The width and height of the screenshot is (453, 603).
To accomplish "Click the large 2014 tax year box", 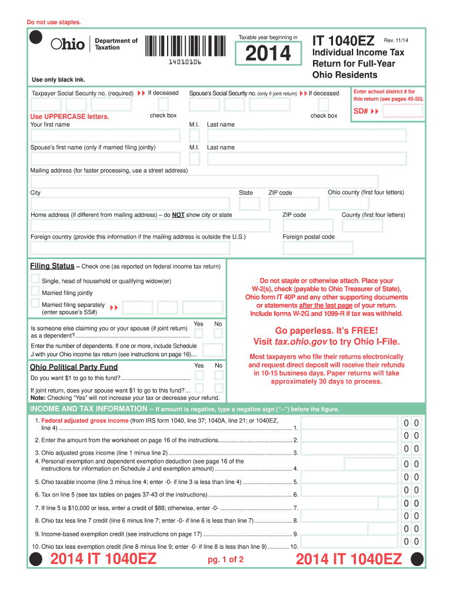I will coord(268,54).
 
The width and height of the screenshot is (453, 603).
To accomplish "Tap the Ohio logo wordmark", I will coord(68,44).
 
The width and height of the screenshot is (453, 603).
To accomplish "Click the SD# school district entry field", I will coord(402,112).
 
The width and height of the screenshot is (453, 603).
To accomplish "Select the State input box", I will coord(249,204).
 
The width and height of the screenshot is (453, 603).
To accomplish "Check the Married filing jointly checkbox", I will coord(35,292).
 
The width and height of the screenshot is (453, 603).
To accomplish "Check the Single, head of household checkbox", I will coord(35,280).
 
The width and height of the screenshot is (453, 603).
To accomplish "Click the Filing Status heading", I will coord(52,266).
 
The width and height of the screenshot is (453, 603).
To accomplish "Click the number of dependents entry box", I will coord(212,350).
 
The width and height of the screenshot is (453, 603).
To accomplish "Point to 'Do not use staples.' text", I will coord(54,22).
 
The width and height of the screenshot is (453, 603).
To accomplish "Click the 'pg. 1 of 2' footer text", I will coord(226,559).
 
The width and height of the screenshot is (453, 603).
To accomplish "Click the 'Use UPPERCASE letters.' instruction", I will coord(69,117).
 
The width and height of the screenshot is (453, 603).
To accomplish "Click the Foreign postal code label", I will coord(308,237).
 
